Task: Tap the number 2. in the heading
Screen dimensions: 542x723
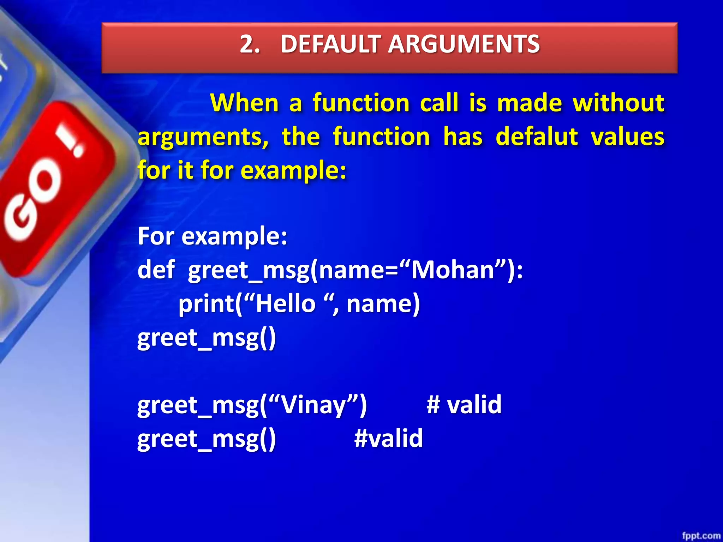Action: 250,44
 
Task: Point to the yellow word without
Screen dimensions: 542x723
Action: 619,103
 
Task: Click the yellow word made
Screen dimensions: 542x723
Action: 529,103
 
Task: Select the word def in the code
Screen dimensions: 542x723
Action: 156,270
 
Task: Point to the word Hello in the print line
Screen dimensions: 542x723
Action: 285,303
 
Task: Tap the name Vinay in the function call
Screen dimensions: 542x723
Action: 314,405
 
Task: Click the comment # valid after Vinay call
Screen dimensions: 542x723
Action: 464,404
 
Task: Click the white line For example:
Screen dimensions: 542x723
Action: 212,236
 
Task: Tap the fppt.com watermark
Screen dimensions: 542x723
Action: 701,536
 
